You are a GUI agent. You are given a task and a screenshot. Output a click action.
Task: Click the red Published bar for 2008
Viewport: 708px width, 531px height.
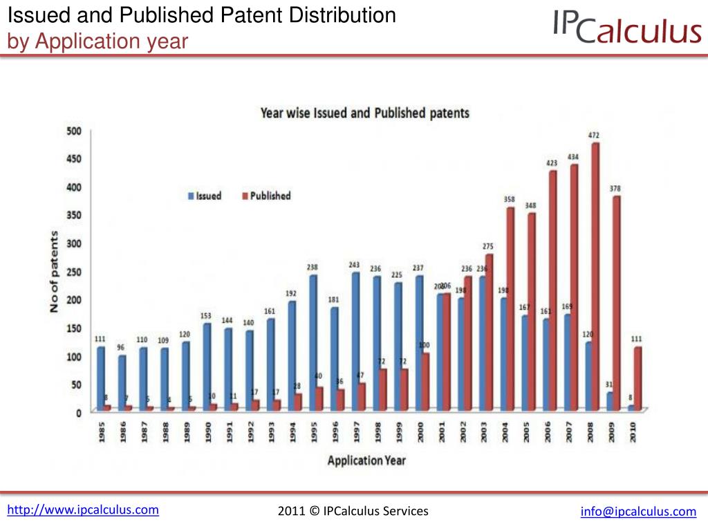click(595, 277)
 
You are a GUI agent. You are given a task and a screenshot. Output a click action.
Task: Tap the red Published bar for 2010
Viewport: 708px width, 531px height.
click(638, 378)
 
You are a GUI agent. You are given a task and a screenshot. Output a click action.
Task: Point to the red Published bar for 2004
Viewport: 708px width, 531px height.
click(510, 308)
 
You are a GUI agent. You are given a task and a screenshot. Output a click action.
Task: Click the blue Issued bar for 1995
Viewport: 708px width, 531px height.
click(313, 343)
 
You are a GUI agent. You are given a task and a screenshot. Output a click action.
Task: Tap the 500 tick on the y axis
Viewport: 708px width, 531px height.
click(74, 131)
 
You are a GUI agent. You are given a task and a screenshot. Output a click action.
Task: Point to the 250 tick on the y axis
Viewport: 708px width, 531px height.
click(74, 272)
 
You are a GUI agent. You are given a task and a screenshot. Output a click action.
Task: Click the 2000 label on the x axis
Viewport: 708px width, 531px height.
click(420, 431)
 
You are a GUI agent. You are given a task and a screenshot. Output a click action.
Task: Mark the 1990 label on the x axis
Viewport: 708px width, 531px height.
click(207, 431)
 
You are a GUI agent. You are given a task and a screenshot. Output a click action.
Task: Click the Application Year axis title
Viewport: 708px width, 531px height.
click(366, 460)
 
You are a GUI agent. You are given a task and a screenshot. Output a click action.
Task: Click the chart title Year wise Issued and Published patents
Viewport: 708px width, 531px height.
click(364, 113)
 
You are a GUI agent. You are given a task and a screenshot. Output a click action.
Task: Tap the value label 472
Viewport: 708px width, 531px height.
click(593, 136)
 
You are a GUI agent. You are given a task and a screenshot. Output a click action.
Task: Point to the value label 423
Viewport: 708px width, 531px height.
click(552, 163)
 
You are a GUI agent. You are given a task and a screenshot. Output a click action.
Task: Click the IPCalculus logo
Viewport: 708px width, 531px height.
click(627, 28)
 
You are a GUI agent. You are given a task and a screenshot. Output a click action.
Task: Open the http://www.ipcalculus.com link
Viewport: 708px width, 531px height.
click(83, 510)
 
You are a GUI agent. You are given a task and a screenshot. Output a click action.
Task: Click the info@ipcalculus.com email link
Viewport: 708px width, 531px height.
click(638, 512)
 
